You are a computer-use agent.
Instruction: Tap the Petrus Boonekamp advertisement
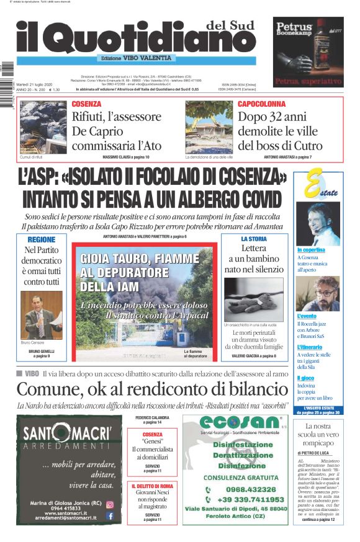coord(308,51)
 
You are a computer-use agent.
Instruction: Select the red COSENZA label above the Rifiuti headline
coord(86,104)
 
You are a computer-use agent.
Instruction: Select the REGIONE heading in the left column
coord(42,239)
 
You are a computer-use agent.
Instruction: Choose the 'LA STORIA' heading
coord(254,239)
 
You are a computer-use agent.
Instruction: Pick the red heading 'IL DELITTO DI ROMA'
coord(152,486)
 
